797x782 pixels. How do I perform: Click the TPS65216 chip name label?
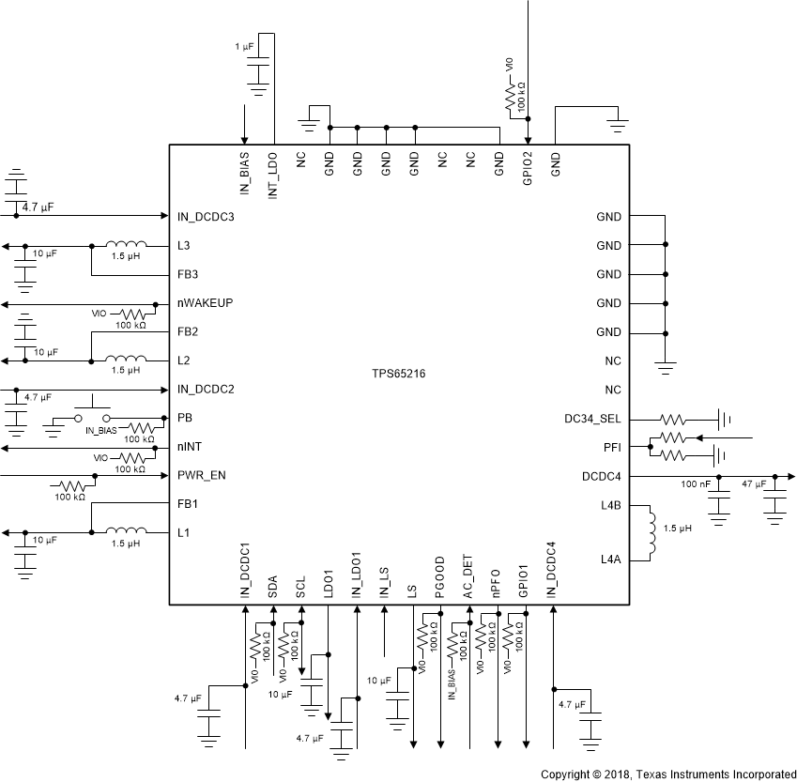pos(399,374)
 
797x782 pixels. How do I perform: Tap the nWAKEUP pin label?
pos(206,303)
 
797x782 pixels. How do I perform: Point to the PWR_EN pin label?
pos(201,475)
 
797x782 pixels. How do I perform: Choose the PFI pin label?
pos(612,447)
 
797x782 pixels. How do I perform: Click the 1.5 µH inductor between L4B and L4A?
pos(649,532)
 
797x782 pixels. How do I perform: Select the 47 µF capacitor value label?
pos(755,484)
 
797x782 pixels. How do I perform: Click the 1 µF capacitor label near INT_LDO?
pos(245,47)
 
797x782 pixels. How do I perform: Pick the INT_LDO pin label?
pos(273,165)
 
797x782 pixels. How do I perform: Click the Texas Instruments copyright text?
pos(668,774)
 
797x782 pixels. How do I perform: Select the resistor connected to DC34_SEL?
pos(676,419)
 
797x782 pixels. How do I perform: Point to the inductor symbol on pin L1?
pos(126,531)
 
